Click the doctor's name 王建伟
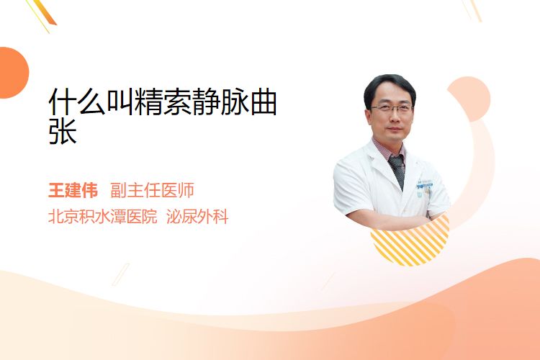(x=73, y=191)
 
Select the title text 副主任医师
(x=152, y=191)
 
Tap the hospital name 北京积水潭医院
(x=103, y=217)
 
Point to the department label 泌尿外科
(x=197, y=217)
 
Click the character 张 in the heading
(x=63, y=131)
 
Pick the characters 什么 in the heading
(x=77, y=102)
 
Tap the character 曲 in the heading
(x=264, y=102)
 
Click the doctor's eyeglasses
(x=392, y=109)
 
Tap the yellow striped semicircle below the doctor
(x=410, y=243)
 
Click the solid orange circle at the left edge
(x=13, y=73)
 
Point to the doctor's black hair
(x=389, y=86)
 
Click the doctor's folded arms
(x=389, y=219)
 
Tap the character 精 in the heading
(x=148, y=102)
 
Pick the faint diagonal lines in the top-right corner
(x=472, y=10)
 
